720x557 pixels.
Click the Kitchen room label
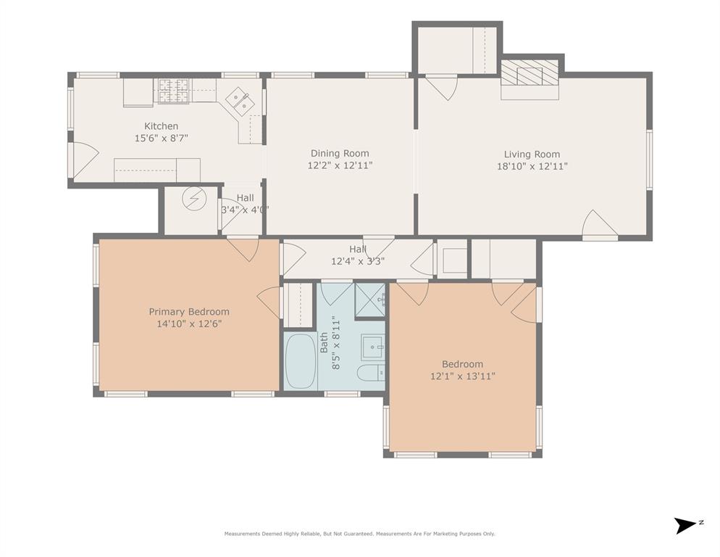click(162, 126)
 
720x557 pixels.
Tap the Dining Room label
click(340, 154)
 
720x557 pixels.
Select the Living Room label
click(532, 154)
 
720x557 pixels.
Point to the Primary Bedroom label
click(189, 312)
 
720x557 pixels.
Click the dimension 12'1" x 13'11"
click(462, 376)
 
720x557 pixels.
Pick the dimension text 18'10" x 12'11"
click(532, 166)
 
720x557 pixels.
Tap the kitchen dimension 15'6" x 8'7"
click(162, 138)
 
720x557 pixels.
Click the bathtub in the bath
click(301, 361)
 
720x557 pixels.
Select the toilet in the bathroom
click(371, 373)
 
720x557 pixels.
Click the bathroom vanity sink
click(372, 347)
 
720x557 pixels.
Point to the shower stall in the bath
click(369, 300)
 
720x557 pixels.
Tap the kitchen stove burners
click(173, 91)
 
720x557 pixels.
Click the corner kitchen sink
click(240, 102)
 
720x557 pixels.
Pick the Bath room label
click(325, 342)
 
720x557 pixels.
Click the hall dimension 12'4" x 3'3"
click(358, 261)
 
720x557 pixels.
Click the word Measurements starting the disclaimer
click(242, 534)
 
